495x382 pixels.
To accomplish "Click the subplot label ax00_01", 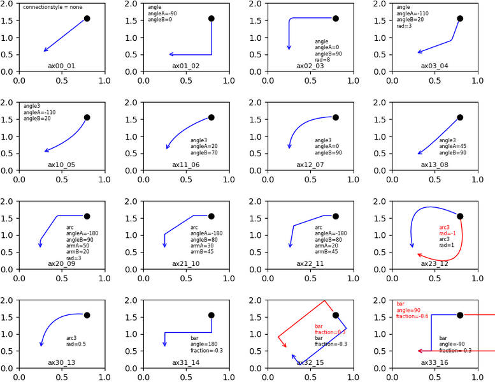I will [x=61, y=66].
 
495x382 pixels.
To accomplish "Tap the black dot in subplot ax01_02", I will [x=212, y=18].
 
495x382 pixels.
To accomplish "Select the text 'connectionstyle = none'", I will [x=53, y=7].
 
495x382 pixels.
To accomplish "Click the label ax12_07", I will [x=310, y=165].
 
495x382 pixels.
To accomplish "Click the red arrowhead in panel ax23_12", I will [x=419, y=254].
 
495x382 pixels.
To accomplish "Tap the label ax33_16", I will [x=434, y=362].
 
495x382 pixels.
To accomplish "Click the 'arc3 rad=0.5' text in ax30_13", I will [x=76, y=341].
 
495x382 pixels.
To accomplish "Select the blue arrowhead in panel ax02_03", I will [x=289, y=48].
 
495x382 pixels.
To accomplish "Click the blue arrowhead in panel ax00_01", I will [x=45, y=50].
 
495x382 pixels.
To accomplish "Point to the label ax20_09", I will [x=61, y=263].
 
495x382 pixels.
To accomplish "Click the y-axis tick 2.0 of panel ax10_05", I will [x=11, y=103].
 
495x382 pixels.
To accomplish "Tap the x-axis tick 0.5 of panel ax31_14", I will [x=187, y=376].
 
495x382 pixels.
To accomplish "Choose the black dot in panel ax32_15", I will [x=336, y=315].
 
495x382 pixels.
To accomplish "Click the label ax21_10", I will [x=185, y=263].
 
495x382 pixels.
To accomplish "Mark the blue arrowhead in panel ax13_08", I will [x=419, y=153].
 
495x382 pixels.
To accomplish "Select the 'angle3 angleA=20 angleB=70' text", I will [x=204, y=147].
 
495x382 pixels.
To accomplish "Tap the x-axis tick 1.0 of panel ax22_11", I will [x=354, y=277].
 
